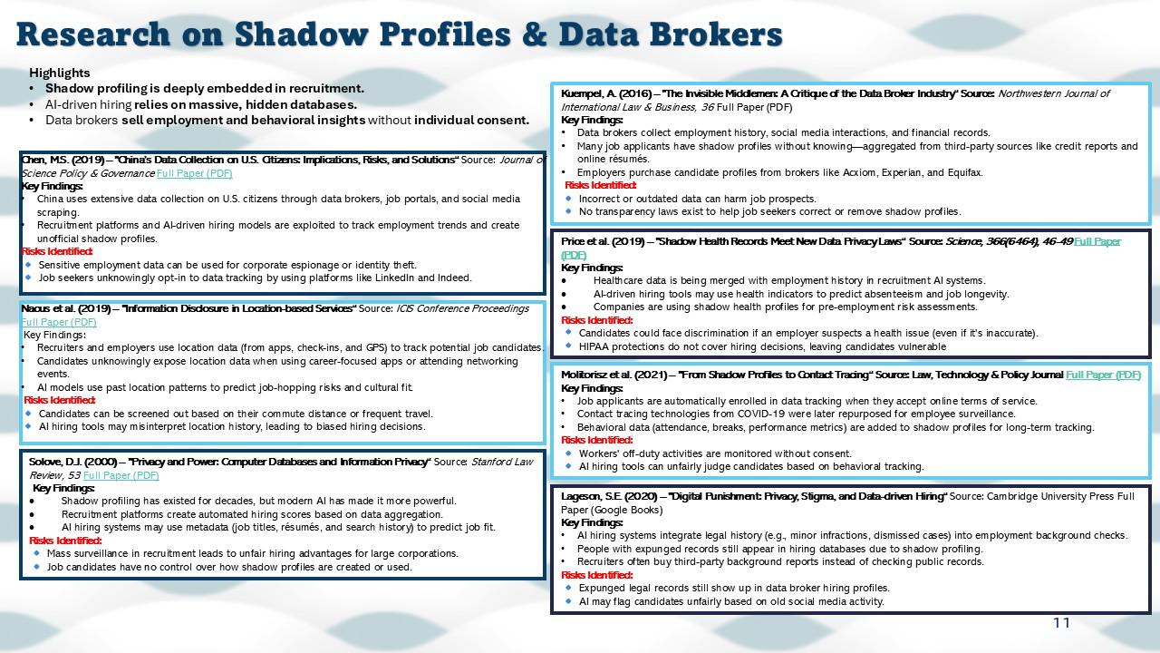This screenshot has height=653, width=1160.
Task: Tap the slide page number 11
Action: pyautogui.click(x=1061, y=622)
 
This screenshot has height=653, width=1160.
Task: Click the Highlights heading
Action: pyautogui.click(x=60, y=73)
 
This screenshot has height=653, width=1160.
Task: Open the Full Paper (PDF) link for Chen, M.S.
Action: pyautogui.click(x=194, y=172)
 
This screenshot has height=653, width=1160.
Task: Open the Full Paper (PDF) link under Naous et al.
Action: pyautogui.click(x=59, y=322)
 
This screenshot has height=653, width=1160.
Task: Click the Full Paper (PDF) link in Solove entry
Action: pyautogui.click(x=121, y=474)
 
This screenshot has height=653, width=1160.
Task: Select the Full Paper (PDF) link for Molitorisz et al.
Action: pyautogui.click(x=1103, y=375)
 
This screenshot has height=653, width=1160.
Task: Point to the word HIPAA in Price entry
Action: pyautogui.click(x=595, y=346)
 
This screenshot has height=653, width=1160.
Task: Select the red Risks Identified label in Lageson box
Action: pyautogui.click(x=597, y=575)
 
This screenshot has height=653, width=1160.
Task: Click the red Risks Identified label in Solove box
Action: pyautogui.click(x=65, y=541)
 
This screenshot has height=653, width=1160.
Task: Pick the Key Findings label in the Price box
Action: pyautogui.click(x=592, y=268)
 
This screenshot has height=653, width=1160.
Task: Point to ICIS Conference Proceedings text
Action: pyautogui.click(x=462, y=308)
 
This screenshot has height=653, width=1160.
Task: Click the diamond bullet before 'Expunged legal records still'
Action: pyautogui.click(x=569, y=588)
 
